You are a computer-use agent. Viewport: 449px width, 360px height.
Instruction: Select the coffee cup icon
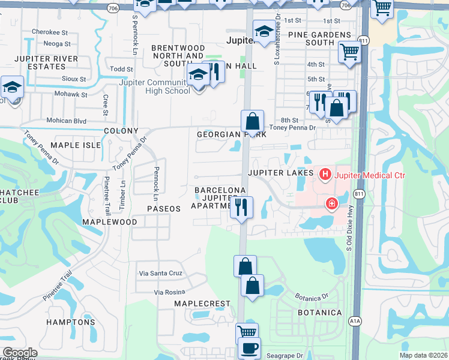[x=249, y=347]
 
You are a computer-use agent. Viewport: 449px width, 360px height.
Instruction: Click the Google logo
[x=20, y=353]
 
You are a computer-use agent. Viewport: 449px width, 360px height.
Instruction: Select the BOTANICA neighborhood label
[x=320, y=313]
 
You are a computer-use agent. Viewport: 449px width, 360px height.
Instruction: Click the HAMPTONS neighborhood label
[x=71, y=322]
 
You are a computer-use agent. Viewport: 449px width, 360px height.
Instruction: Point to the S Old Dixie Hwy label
[x=349, y=229]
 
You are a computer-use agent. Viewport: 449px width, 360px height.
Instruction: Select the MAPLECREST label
[x=202, y=304]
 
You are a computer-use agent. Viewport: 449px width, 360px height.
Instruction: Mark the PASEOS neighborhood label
[x=164, y=208]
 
